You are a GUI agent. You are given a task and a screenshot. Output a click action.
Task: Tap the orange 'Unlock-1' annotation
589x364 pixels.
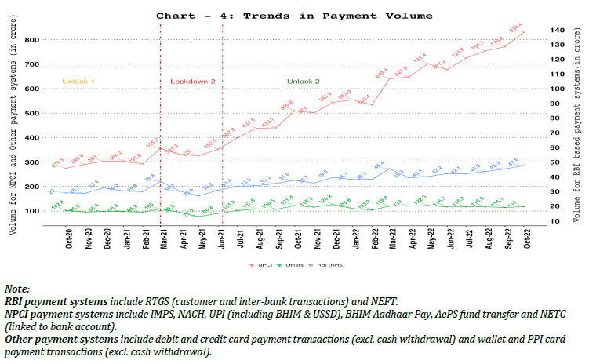tap(79, 80)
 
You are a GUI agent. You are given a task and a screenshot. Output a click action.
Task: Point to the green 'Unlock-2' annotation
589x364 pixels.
tap(304, 80)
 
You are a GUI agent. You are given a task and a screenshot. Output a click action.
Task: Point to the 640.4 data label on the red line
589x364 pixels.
tap(382, 71)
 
